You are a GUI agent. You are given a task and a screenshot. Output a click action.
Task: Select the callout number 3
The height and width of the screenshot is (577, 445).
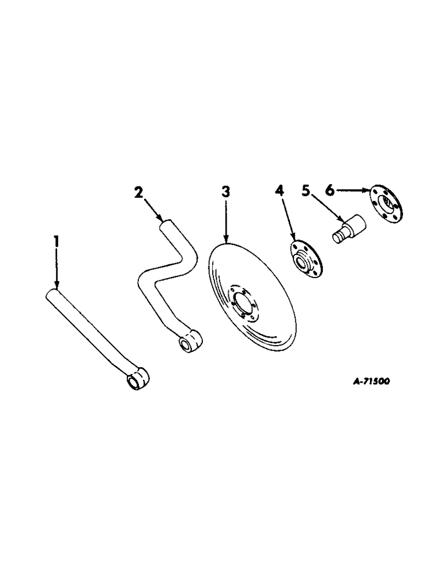tap(225, 192)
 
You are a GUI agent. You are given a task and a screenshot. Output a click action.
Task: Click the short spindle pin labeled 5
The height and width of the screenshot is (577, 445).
tap(349, 227)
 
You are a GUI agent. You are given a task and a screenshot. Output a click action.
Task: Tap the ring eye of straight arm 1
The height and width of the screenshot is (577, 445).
tap(137, 380)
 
